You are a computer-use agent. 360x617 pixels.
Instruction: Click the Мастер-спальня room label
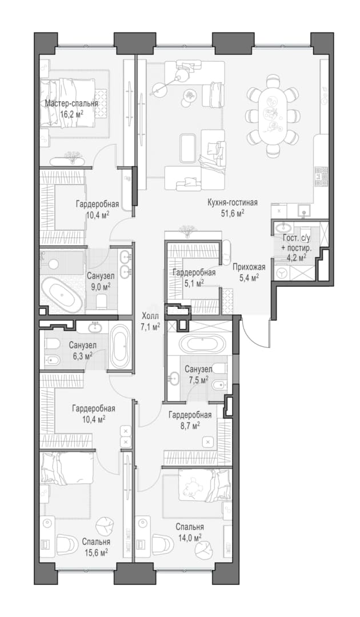(x=71, y=104)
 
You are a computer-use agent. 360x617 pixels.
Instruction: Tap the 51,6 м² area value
(x=233, y=213)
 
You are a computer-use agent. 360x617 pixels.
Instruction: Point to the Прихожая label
(x=248, y=267)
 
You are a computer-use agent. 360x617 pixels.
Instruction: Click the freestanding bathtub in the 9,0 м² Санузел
(x=62, y=294)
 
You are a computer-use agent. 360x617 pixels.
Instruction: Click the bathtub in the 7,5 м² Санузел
(x=202, y=344)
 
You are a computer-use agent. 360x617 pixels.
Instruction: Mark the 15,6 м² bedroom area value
(x=95, y=552)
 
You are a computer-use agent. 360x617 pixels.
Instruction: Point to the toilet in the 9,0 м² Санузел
(x=102, y=301)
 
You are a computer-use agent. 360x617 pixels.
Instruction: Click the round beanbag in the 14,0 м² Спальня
(x=205, y=547)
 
